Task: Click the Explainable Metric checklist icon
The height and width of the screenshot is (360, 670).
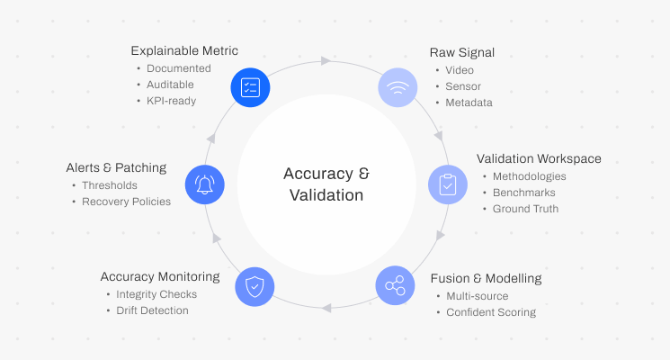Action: (x=251, y=87)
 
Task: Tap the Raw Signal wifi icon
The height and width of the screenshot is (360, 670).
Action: (x=397, y=87)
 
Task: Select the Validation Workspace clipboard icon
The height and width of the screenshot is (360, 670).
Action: (x=447, y=184)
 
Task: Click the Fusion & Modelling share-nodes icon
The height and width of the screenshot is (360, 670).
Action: (x=395, y=286)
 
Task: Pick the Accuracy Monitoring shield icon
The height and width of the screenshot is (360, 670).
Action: (x=255, y=286)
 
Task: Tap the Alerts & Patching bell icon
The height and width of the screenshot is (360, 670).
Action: (x=205, y=184)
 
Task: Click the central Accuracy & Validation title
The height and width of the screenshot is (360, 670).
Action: (x=326, y=184)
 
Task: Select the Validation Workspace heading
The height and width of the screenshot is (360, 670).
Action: (x=539, y=159)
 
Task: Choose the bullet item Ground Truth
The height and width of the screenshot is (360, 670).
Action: (x=525, y=209)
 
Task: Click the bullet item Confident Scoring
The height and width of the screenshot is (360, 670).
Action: (x=491, y=312)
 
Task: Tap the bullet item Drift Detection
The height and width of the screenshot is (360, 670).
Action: (x=152, y=310)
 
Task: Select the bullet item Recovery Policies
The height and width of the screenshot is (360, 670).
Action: (x=126, y=202)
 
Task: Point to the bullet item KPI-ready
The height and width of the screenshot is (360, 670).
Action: (x=172, y=101)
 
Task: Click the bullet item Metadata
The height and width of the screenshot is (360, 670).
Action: (x=469, y=103)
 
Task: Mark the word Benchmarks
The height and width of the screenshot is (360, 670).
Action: (x=523, y=193)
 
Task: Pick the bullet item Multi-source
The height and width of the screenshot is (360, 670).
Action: (x=478, y=296)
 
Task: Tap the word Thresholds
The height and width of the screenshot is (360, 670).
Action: (x=110, y=185)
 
